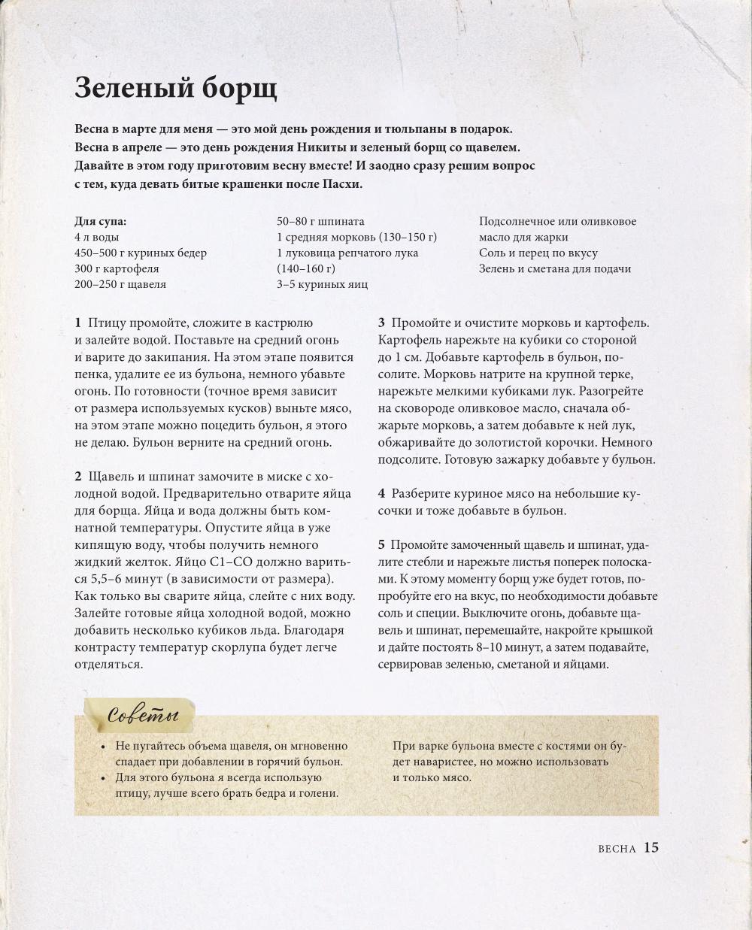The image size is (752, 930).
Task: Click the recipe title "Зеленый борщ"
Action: (176, 89)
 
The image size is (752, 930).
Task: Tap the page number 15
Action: (651, 847)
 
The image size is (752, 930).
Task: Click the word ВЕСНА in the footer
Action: (617, 849)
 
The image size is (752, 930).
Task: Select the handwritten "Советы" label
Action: (143, 715)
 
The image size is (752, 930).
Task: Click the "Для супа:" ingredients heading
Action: (101, 221)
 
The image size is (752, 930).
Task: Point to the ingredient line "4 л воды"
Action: (97, 238)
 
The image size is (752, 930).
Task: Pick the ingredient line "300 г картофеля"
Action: (117, 268)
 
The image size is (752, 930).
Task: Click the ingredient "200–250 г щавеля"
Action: (120, 284)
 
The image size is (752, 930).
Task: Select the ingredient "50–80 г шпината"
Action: (320, 221)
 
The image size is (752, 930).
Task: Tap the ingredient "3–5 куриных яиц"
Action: (323, 284)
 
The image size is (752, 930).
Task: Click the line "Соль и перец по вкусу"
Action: (538, 253)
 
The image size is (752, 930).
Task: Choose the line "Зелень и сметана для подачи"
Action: (555, 268)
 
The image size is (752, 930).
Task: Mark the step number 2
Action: (78, 477)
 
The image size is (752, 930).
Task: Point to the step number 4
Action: (381, 494)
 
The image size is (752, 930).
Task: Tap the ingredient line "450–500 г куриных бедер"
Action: (141, 253)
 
